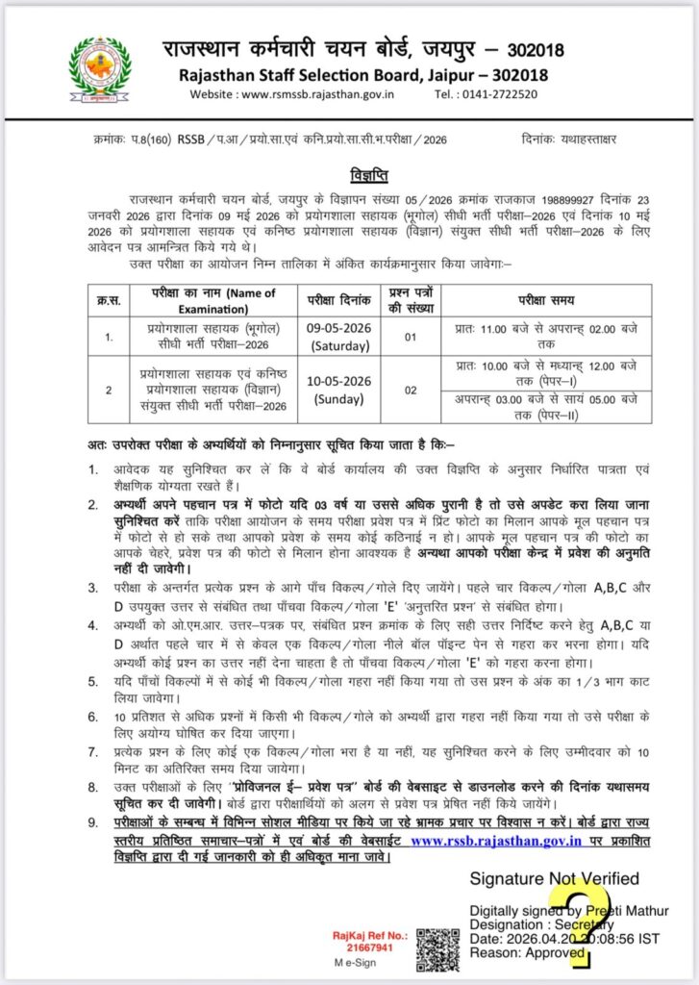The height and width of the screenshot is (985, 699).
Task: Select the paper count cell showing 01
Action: [411, 336]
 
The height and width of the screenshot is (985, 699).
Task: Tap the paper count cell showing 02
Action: [411, 391]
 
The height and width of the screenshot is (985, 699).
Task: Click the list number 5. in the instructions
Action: [91, 682]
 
